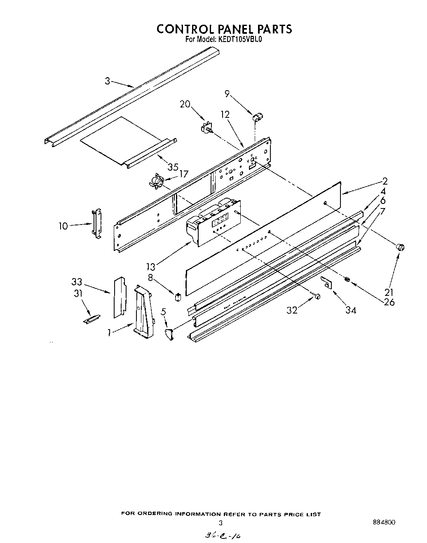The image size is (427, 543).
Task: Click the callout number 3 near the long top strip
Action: (107, 81)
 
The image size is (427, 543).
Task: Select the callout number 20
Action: (185, 104)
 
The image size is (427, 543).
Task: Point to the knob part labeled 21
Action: (399, 247)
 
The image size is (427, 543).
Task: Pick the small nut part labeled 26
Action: (347, 280)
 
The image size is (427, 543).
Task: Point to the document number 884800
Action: (383, 522)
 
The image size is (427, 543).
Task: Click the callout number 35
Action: (173, 167)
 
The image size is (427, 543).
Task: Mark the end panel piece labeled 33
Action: (120, 297)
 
